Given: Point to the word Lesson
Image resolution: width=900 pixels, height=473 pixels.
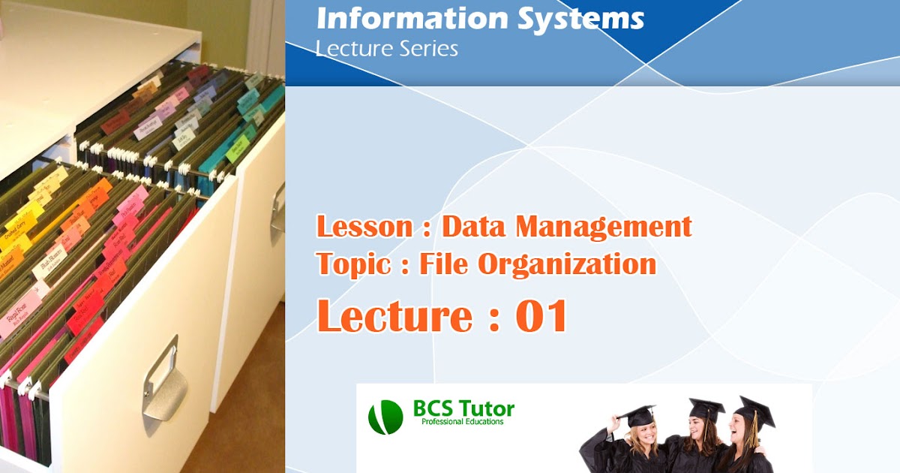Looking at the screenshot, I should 361,226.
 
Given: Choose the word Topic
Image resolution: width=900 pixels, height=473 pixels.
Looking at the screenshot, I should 352,264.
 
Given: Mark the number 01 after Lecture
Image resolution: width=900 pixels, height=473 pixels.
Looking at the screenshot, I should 541,316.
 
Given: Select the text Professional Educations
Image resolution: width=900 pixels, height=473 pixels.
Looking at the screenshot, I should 463,422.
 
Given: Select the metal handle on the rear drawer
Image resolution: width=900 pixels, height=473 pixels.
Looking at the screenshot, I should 278,206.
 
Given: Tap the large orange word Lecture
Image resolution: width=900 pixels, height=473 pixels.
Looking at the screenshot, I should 394,316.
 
